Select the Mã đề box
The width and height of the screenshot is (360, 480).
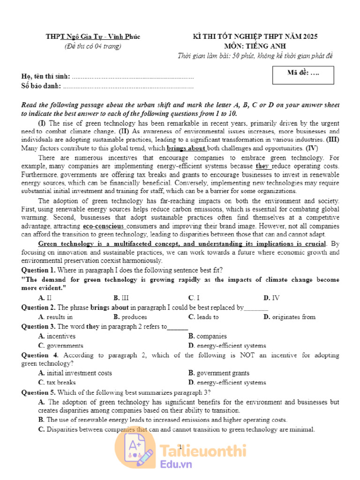click(x=303, y=75)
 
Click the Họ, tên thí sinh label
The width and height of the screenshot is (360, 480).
click(x=46, y=76)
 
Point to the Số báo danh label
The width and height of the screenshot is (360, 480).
click(x=41, y=86)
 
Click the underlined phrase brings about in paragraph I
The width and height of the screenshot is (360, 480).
click(x=186, y=148)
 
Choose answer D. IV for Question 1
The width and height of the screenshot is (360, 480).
click(x=271, y=298)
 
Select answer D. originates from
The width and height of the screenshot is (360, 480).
click(x=289, y=317)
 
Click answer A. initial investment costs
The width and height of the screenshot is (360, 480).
click(x=75, y=373)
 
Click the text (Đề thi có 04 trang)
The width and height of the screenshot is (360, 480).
click(x=92, y=46)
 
